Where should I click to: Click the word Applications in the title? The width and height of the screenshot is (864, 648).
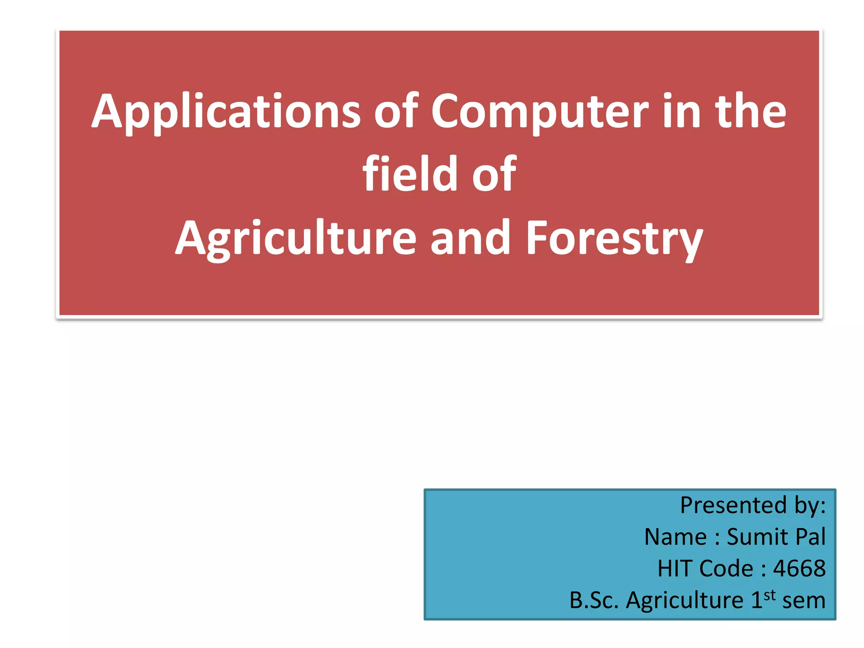226,112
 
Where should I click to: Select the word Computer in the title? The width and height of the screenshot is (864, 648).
540,112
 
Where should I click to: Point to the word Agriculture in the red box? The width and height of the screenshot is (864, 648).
296,238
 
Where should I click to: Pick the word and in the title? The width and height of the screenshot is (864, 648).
470,238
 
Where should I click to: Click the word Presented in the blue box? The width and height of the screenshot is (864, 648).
733,505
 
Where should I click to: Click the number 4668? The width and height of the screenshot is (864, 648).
799,568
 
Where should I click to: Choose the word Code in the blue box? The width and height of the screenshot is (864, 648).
726,568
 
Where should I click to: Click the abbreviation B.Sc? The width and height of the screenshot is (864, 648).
594,600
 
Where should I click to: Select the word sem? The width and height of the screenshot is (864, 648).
804,600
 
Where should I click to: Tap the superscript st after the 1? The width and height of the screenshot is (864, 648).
769,595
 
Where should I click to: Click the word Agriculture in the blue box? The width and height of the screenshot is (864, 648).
685,600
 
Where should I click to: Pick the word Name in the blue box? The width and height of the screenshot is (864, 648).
675,537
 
